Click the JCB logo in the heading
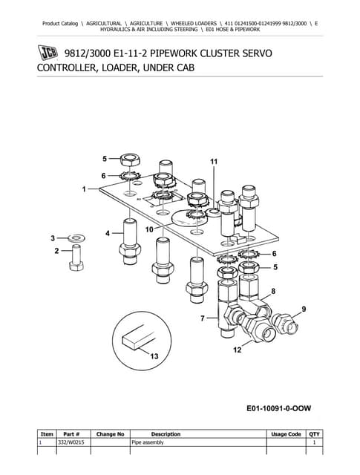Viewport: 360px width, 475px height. coord(49,53)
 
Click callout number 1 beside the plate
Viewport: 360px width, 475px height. coord(85,189)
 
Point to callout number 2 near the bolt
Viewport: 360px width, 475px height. coord(57,252)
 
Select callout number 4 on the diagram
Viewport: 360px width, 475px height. coord(108,233)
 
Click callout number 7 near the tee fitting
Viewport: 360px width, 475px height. coord(202,318)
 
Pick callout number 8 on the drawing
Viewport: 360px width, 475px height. coord(274,292)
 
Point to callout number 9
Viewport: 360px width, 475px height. coord(303,309)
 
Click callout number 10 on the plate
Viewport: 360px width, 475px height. coord(149,230)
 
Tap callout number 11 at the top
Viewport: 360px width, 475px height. coord(214,161)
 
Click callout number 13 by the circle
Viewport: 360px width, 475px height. coord(154,357)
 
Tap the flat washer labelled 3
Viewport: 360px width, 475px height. coord(75,239)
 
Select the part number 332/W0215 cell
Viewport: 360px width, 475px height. coord(71,442)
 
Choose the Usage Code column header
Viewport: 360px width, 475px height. coord(286,434)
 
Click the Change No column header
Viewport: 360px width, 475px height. coord(109,434)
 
